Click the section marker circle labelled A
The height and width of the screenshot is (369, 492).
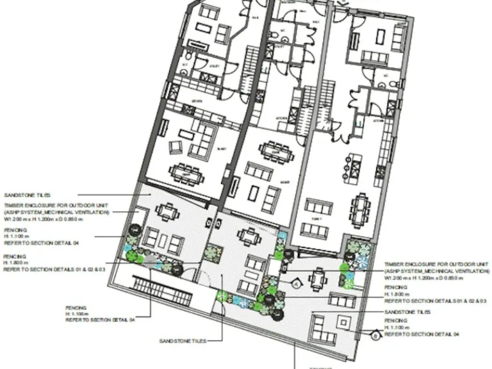click(x=297, y=281)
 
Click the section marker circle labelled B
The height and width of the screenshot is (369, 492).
click(x=375, y=332)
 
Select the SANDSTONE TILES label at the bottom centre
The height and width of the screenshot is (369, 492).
click(x=183, y=341)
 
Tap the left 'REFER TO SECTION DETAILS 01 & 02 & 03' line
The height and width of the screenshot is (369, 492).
click(x=54, y=270)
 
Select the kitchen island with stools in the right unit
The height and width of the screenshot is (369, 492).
click(x=354, y=166)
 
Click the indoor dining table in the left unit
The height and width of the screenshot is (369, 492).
click(x=183, y=171)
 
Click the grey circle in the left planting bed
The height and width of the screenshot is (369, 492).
click(x=149, y=260)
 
